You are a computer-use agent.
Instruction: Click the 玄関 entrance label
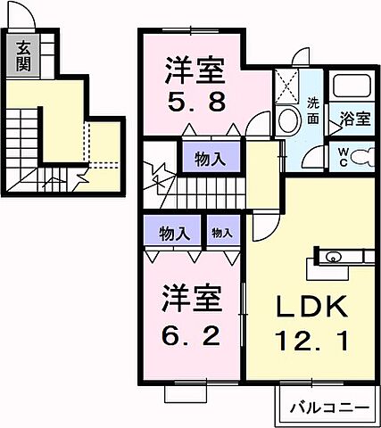pyautogui.click(x=21, y=56)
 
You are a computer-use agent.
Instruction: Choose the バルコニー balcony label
pyautogui.click(x=328, y=407)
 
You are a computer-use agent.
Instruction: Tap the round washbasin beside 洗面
pyautogui.click(x=289, y=121)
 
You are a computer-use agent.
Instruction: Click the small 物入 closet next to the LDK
pyautogui.click(x=222, y=234)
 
